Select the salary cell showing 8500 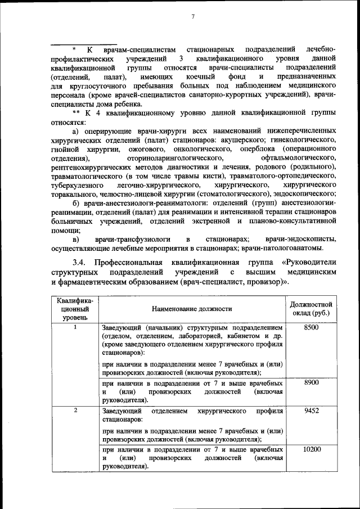[311, 327]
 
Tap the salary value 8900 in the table [311, 382]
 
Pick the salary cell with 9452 [311, 411]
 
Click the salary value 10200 [311, 450]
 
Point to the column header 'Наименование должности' [191, 308]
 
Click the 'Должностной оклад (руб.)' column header [311, 308]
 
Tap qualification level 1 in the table [75, 327]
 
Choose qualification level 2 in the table [75, 411]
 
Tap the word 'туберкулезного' [76, 185]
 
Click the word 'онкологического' [203, 149]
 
